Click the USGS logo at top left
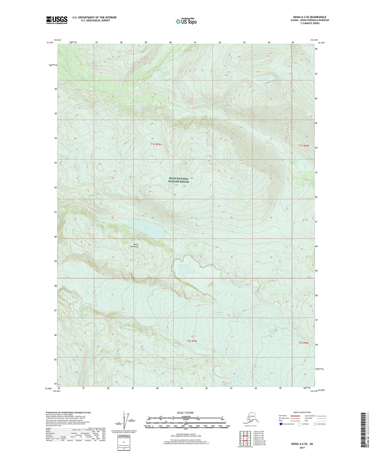57,20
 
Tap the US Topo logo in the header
186,21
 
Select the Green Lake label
147,228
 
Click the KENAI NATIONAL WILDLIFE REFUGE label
179,180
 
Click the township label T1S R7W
156,144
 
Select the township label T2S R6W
303,343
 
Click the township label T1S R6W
304,146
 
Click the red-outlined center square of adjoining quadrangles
245,438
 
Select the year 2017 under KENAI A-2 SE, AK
302,448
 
